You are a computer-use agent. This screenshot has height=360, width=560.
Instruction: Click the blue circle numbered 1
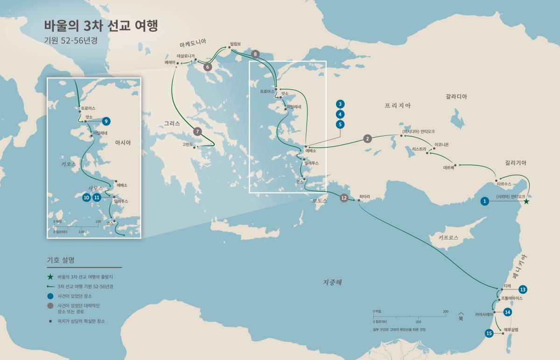485,201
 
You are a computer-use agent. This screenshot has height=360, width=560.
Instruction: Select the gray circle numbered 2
368,139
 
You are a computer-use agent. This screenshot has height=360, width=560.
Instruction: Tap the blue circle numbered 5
341,124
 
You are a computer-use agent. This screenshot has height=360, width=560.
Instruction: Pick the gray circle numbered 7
197,131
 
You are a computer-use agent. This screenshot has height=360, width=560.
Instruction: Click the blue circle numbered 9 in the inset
106,121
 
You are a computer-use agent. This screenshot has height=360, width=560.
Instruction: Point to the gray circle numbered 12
344,198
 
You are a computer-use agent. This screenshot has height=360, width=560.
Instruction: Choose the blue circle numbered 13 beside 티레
523,289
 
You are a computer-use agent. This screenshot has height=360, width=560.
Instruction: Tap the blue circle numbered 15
489,333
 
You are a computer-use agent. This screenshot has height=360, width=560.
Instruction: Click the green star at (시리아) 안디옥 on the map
526,201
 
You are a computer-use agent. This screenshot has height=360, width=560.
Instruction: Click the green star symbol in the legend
50,277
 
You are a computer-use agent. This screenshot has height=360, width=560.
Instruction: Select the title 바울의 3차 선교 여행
101,26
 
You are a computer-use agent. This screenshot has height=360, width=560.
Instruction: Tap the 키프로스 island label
448,237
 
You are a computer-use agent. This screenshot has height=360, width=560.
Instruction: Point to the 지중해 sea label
332,282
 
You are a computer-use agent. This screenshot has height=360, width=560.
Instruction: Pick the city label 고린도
188,144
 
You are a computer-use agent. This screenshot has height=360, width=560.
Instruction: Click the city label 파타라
364,197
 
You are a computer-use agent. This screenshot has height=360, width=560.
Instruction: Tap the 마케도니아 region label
193,45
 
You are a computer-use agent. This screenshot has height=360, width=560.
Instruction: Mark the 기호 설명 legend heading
61,260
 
